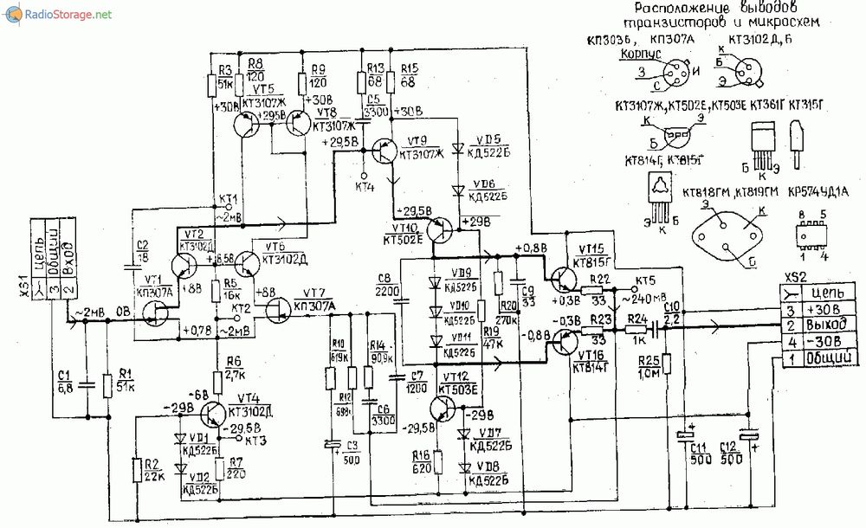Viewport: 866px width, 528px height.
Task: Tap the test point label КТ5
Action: point(645,281)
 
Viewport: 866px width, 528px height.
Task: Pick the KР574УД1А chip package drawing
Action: point(810,233)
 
